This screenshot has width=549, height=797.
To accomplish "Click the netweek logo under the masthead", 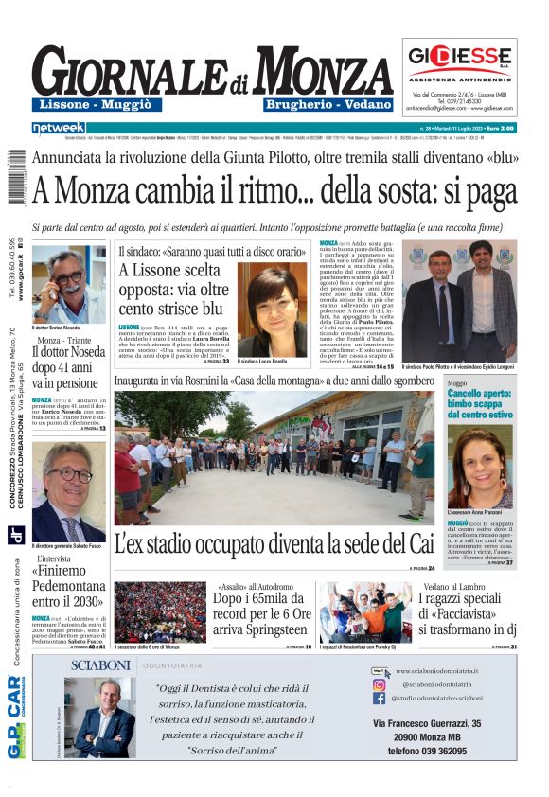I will pos(59,127).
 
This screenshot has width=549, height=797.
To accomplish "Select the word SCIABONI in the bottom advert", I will pos(98,665).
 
